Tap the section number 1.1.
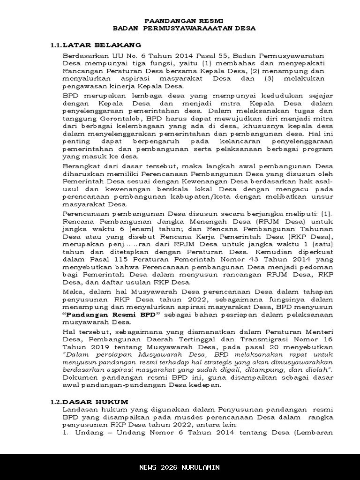(56, 45)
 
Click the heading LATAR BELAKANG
(102, 45)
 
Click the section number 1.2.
(56, 402)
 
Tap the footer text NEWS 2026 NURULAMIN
(180, 467)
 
